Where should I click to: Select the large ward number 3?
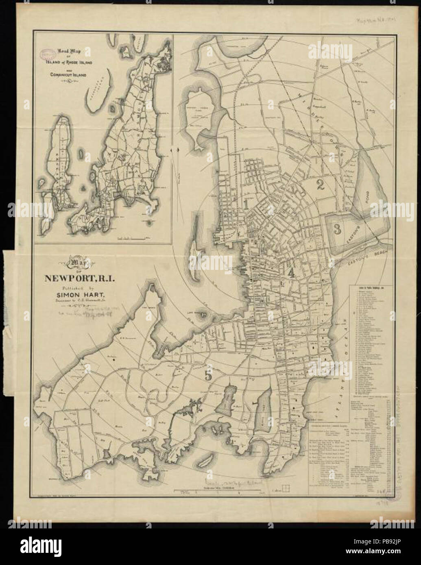pyautogui.click(x=337, y=229)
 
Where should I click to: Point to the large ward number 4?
pyautogui.click(x=290, y=273)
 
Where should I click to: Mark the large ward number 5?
pyautogui.click(x=208, y=376)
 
